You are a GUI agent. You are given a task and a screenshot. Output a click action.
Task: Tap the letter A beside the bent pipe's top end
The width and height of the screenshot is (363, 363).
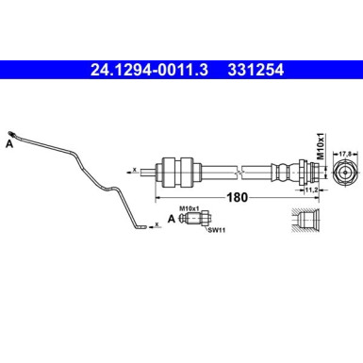point(9,145)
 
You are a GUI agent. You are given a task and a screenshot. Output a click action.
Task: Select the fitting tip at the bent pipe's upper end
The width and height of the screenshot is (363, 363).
point(10,132)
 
